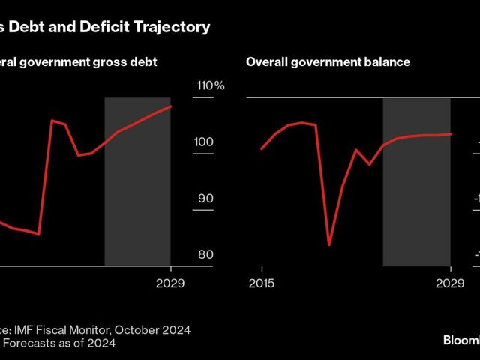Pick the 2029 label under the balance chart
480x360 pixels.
(x=450, y=283)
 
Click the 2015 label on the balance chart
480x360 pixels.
(x=261, y=283)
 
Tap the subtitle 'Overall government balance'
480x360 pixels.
(x=328, y=62)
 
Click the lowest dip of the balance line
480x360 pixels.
(x=329, y=244)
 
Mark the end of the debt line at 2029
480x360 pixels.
(x=171, y=106)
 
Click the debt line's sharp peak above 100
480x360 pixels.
(x=52, y=120)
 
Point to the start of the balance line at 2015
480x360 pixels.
(x=261, y=149)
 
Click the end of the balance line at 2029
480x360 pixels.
(x=450, y=134)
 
